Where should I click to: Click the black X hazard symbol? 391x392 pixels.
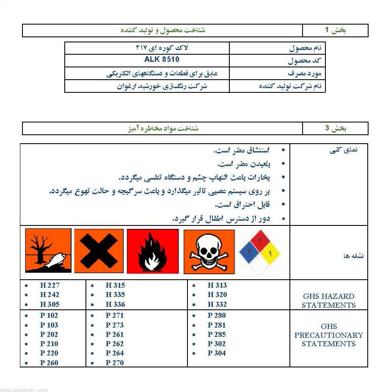click(x=99, y=251)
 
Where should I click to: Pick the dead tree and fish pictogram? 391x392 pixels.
click(x=48, y=251)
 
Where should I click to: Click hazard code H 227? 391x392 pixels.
click(x=50, y=285)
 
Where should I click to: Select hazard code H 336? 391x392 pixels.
click(x=115, y=304)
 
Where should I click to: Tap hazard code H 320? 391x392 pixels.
click(x=217, y=295)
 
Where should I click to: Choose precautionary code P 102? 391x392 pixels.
click(x=49, y=315)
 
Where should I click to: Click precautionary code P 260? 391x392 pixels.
click(x=49, y=363)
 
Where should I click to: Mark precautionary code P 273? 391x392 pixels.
click(x=115, y=325)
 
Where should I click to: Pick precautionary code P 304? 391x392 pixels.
click(x=217, y=353)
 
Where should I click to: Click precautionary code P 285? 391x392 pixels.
click(x=217, y=334)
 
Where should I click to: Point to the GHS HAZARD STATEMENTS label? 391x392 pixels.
click(x=328, y=300)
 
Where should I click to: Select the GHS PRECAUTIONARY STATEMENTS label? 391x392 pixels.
click(x=328, y=335)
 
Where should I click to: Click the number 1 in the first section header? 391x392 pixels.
click(x=327, y=30)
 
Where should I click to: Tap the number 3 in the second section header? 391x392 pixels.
click(x=327, y=128)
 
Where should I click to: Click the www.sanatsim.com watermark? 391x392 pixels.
click(x=24, y=389)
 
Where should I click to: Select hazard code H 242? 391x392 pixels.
click(x=50, y=295)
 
